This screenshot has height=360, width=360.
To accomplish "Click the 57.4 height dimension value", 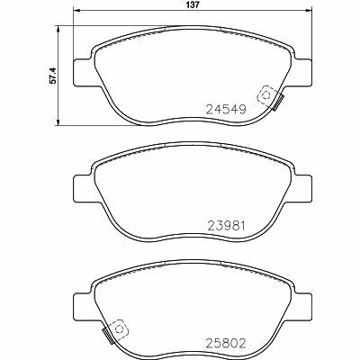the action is coord(52,76).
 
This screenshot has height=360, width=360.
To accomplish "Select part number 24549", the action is coord(226,110).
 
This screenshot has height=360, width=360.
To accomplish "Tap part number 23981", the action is coord(227,225).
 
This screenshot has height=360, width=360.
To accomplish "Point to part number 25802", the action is coord(226,343).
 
